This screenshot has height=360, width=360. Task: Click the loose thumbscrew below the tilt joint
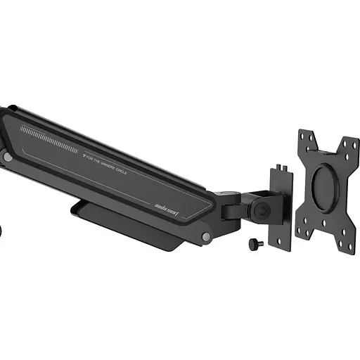click(x=254, y=243)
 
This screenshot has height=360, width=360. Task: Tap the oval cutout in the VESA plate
click(x=326, y=188)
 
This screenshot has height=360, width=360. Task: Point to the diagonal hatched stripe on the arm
click(x=49, y=139)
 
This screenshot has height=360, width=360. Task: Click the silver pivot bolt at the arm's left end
click(x=7, y=158)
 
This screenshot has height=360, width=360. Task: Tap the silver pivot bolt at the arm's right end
click(x=205, y=238)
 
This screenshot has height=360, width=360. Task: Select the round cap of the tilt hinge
click(x=262, y=210)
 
